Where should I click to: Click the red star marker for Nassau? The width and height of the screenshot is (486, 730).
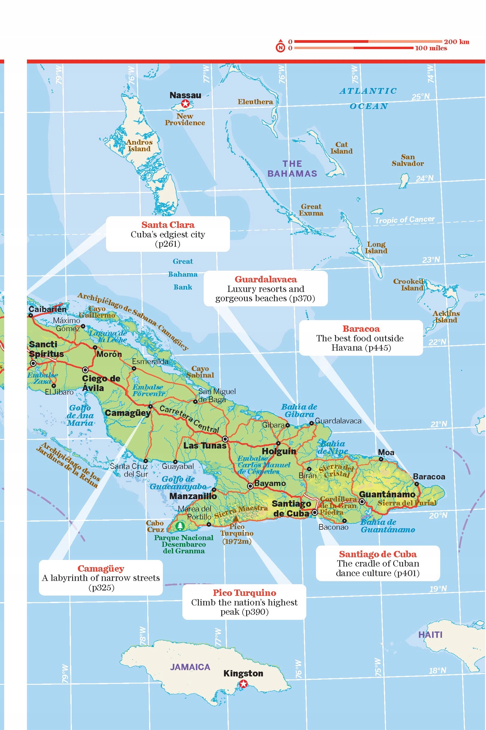coord(185,104)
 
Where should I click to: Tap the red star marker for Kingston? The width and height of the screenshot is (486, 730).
coord(244,683)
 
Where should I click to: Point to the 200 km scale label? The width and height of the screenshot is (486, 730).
coord(456,42)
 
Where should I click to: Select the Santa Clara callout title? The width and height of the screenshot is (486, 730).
coord(168,225)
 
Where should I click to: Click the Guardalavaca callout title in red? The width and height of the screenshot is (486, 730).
coord(266,279)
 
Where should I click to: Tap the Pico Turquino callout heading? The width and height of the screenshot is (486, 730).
coord(244,593)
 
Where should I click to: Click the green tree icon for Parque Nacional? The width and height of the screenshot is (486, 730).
coord(180,526)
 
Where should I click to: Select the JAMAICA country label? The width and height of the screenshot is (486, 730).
coord(190,667)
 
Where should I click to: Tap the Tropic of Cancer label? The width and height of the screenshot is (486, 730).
coord(405,220)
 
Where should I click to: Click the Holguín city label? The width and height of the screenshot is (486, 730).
coord(279,451)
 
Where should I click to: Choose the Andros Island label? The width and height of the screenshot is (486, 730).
coord(140,145)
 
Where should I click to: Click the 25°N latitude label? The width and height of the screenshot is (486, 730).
coord(421,97)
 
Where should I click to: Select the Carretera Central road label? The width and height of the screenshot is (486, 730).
coord(189,419)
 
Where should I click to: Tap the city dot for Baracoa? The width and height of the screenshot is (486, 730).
coord(417,484)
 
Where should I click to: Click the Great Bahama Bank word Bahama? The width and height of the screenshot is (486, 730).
coord(183,274)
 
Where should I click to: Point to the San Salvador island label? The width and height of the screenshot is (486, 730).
coord(408,160)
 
